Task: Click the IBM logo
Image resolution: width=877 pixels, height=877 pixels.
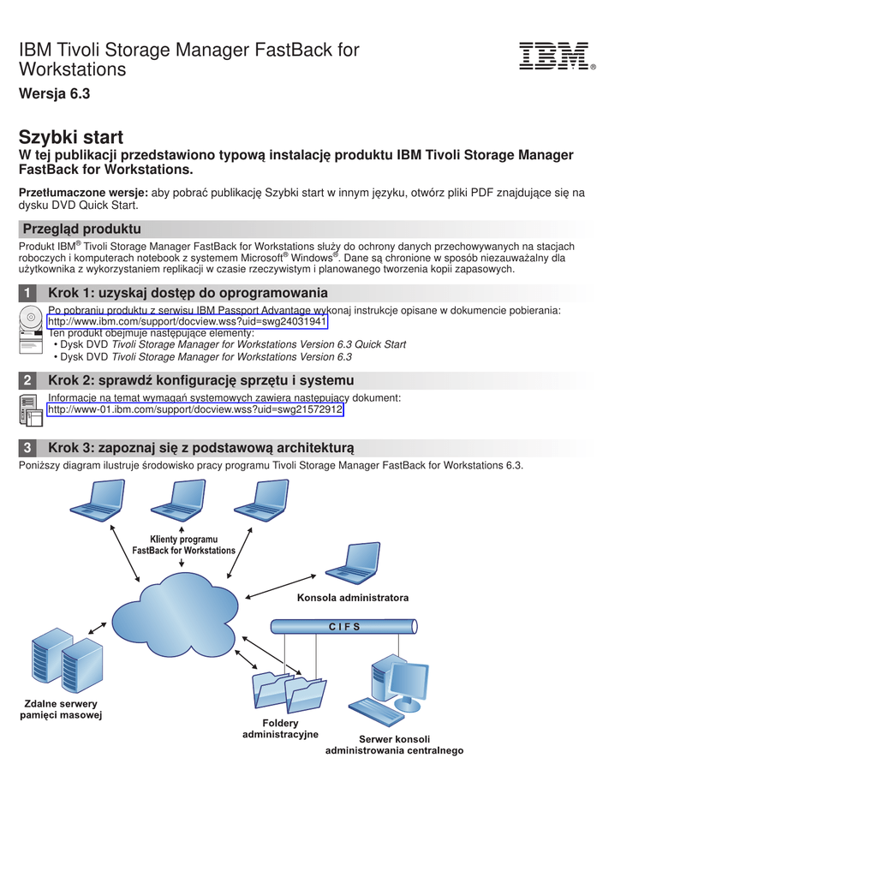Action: point(554,57)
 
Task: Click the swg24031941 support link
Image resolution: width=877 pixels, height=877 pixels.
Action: point(187,322)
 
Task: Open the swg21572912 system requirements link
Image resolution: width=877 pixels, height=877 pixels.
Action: point(195,410)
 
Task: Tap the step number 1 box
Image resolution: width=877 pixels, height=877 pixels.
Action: point(28,293)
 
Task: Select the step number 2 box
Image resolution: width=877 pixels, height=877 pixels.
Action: point(28,380)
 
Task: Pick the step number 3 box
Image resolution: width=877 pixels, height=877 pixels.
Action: point(28,448)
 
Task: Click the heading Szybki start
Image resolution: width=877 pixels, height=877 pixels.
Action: point(71,137)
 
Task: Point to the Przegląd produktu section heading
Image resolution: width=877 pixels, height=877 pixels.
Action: point(82,229)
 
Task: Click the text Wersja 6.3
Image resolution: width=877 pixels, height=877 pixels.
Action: point(54,94)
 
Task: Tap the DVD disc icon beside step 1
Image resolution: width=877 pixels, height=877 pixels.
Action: point(31,318)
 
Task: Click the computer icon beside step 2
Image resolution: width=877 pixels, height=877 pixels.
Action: point(31,410)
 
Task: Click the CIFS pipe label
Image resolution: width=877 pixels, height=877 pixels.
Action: point(344,627)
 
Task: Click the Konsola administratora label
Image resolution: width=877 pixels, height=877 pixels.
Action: point(353,598)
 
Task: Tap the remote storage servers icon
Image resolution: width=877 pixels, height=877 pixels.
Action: point(67,659)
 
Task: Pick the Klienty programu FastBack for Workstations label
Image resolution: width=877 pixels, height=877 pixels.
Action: point(183,546)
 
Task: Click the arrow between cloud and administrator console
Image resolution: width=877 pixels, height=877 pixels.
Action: point(282,586)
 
